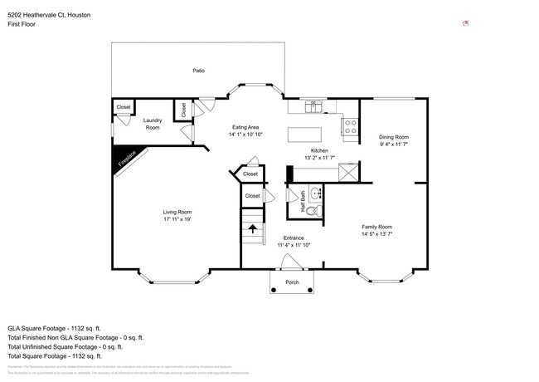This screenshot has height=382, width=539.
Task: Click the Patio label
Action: [198, 71]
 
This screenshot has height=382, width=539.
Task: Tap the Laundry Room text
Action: [153, 124]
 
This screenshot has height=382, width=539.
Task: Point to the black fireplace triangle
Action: [123, 158]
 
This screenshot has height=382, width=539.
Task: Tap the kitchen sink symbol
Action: [314, 105]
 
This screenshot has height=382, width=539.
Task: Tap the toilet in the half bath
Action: [313, 211]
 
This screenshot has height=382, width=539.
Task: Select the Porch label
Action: [292, 282]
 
